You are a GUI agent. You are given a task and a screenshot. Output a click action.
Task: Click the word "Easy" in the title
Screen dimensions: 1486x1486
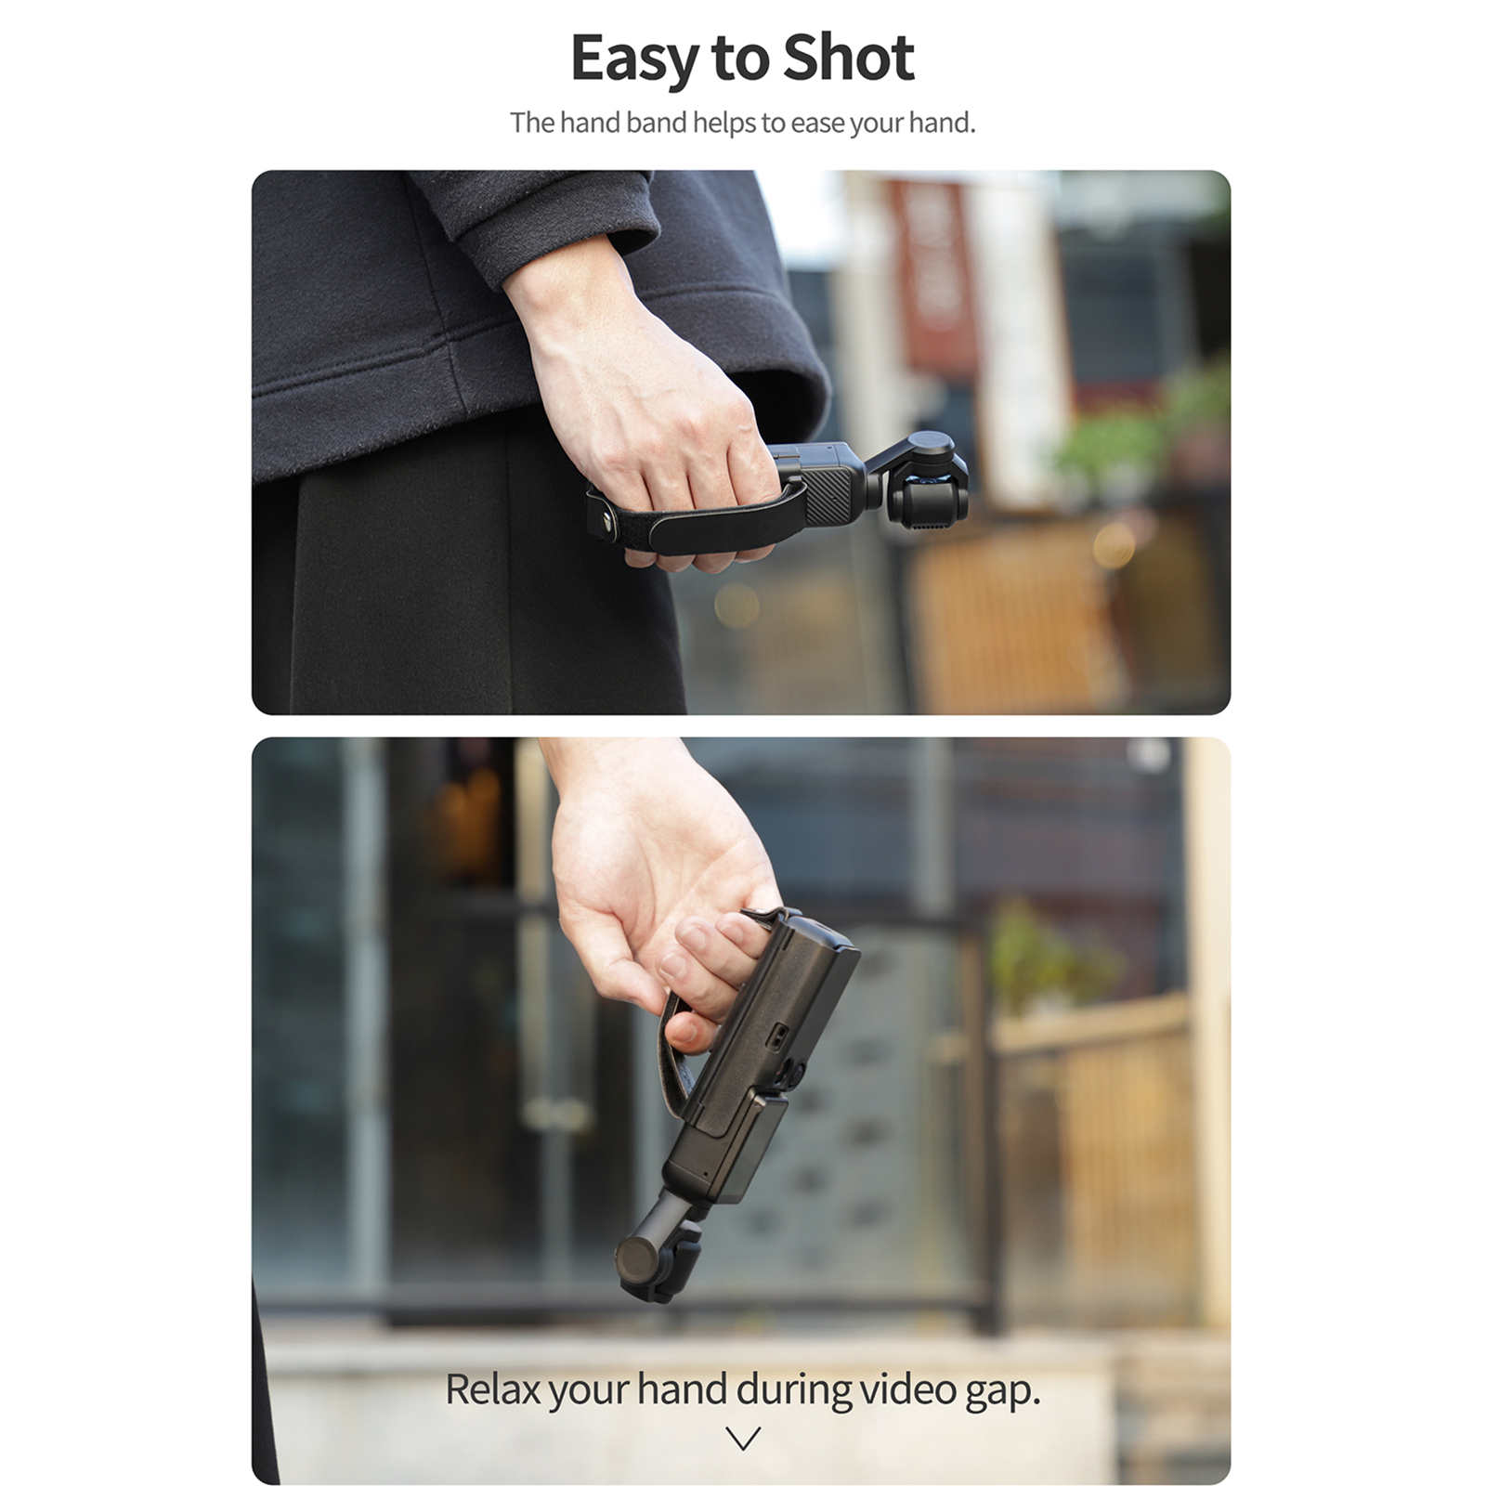tap(635, 59)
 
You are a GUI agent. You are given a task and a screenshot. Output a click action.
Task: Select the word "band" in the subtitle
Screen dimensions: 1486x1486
tap(657, 123)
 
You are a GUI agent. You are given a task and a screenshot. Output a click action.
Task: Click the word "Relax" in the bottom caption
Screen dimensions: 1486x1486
tap(492, 1389)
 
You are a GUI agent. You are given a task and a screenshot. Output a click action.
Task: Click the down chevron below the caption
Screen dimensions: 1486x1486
tap(743, 1439)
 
